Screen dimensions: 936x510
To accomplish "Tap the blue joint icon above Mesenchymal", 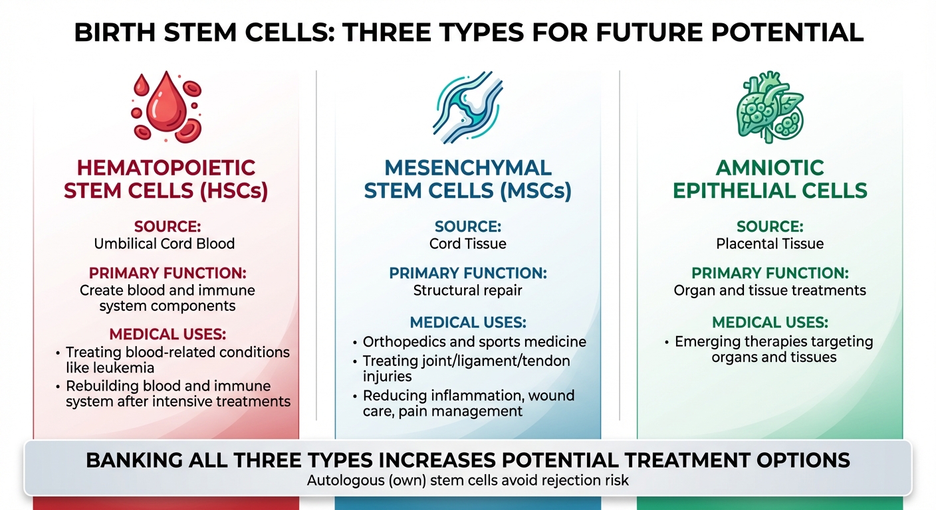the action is pos(467,108).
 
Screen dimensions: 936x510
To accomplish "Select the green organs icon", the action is pos(770,108).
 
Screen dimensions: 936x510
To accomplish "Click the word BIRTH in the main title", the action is pos(115,33).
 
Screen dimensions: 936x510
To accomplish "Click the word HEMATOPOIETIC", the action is pos(166,168).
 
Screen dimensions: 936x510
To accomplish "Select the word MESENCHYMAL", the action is pos(468,168).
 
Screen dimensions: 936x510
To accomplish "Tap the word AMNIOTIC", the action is pos(770,168).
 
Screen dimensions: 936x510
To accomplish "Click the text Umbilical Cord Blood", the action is pos(164,244).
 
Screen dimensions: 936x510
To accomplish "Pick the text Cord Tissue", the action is pos(467,244).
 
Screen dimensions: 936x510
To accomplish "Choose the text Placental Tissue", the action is pos(770,244).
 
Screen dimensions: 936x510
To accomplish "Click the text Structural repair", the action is pos(467,290).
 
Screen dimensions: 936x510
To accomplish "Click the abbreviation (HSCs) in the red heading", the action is pos(233,191).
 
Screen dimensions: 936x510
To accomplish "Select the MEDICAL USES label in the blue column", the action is pos(467,322).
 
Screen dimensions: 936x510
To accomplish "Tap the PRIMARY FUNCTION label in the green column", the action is pos(770,273).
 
